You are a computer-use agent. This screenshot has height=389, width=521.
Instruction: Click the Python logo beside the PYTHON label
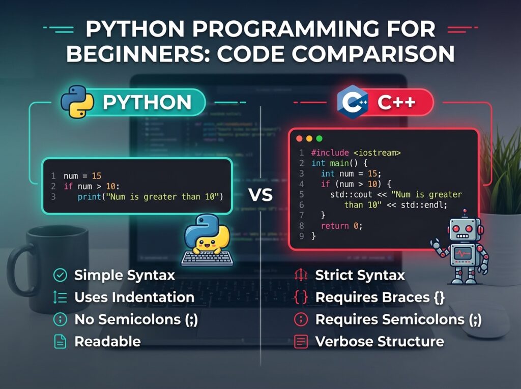pos(77,102)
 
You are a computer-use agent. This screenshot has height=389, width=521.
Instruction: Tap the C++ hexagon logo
pos(353,102)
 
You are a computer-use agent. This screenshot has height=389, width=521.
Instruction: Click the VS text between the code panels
pos(260,195)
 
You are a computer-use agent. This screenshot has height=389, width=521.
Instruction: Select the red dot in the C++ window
pos(300,138)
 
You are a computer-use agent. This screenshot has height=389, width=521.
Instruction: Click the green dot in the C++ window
pos(319,138)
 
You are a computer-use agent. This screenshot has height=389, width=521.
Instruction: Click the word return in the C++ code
pos(333,226)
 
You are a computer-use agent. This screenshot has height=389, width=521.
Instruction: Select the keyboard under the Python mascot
pos(207,258)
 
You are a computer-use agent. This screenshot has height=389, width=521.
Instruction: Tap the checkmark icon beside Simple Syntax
pos(60,276)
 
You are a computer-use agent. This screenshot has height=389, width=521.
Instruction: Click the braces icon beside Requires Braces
pos(301,297)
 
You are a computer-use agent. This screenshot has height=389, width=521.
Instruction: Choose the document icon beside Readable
pos(60,342)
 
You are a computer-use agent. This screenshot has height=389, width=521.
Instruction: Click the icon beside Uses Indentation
pos(60,297)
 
